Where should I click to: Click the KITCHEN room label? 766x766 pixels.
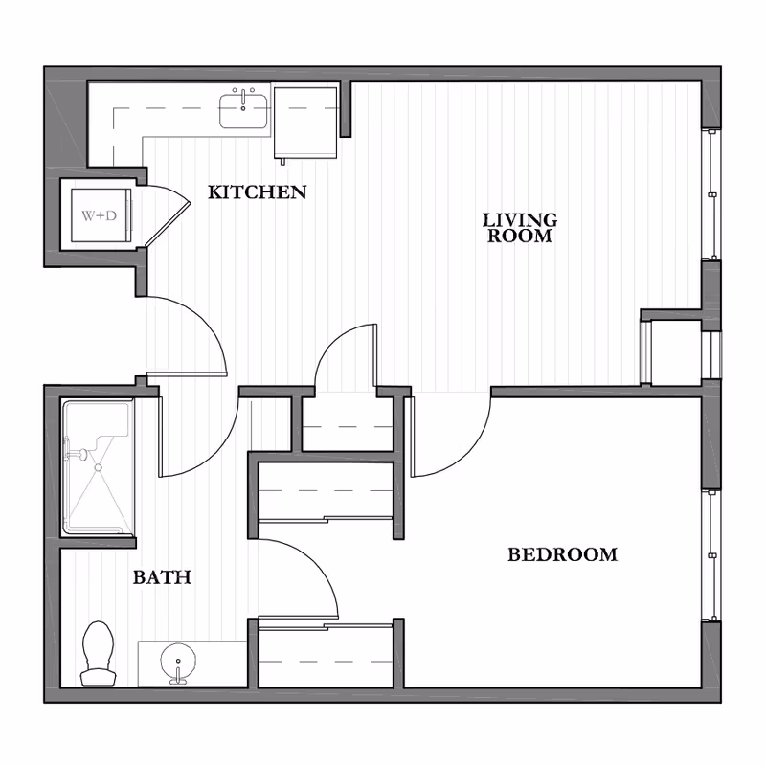tap(258, 192)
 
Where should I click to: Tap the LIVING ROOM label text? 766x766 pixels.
tap(519, 228)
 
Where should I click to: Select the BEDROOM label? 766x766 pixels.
tap(562, 554)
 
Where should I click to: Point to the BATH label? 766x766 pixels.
tap(162, 577)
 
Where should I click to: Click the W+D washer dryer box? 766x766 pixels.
tap(99, 215)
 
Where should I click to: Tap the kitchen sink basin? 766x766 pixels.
tap(245, 111)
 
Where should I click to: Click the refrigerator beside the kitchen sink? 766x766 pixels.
tap(306, 120)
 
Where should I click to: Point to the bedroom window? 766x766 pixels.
tap(711, 555)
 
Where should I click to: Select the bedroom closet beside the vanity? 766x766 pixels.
tap(326, 657)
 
